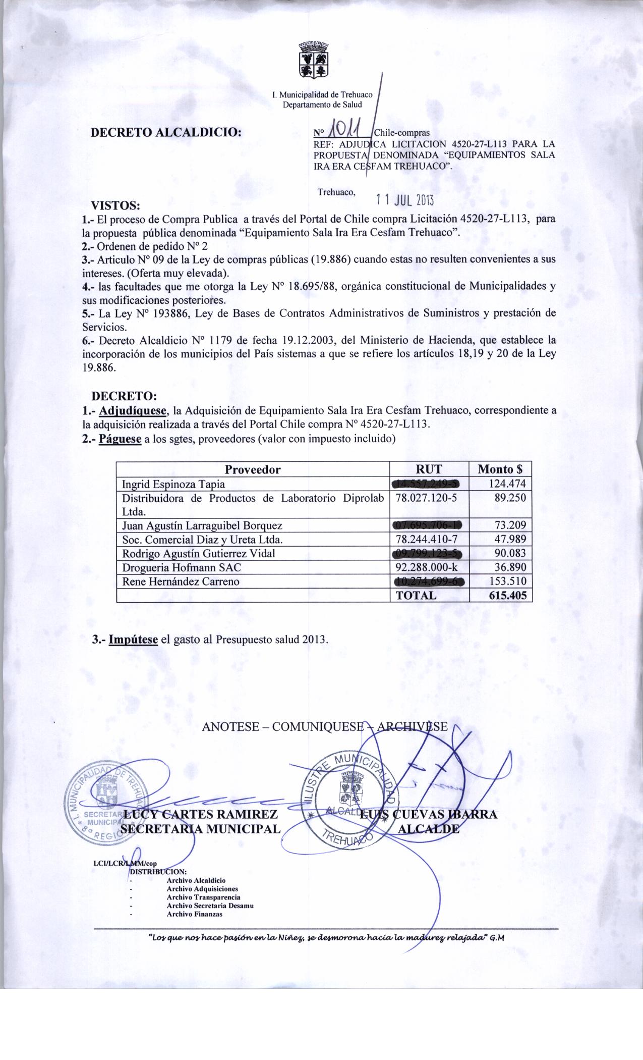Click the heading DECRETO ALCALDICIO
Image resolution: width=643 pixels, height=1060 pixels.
[x=165, y=133]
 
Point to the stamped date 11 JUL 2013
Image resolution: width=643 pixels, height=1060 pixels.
[x=405, y=200]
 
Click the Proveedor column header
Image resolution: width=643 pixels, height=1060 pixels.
[x=252, y=469]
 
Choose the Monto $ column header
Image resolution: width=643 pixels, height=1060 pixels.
[x=500, y=469]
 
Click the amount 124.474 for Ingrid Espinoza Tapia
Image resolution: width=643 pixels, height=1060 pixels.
[x=507, y=484]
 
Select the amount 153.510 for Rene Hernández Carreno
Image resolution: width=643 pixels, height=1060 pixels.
[x=507, y=581]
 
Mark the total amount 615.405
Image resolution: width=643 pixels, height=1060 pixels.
[x=507, y=595]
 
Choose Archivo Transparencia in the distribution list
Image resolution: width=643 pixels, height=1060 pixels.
[x=203, y=897]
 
